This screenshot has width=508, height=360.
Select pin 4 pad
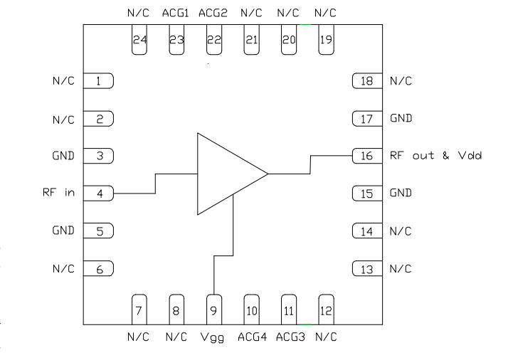point(100,193)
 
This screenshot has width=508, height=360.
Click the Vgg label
point(213,337)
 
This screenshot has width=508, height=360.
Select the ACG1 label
point(176,13)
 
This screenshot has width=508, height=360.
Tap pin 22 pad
point(213,40)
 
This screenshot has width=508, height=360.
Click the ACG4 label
point(252,337)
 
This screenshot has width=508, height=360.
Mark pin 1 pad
point(100,81)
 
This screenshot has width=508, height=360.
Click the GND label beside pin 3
point(63,156)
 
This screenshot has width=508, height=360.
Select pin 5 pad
point(100,231)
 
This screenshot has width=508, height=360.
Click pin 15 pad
point(367,193)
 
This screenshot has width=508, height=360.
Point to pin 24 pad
point(139,40)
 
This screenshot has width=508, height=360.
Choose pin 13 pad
point(367,268)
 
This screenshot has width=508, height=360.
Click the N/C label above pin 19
point(326,13)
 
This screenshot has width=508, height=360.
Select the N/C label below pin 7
point(138,337)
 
